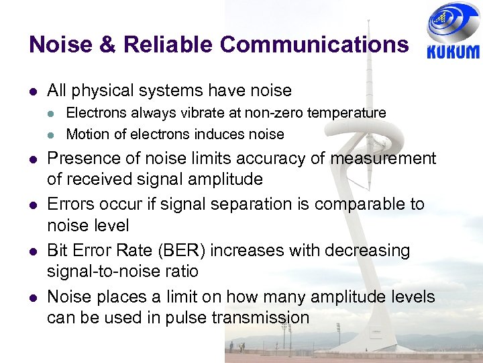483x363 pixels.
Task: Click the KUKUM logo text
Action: pos(453,52)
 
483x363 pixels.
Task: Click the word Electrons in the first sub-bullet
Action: pos(95,113)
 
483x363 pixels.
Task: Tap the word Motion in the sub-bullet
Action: pos(87,134)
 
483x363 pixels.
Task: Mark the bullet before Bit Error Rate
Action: pos(32,251)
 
